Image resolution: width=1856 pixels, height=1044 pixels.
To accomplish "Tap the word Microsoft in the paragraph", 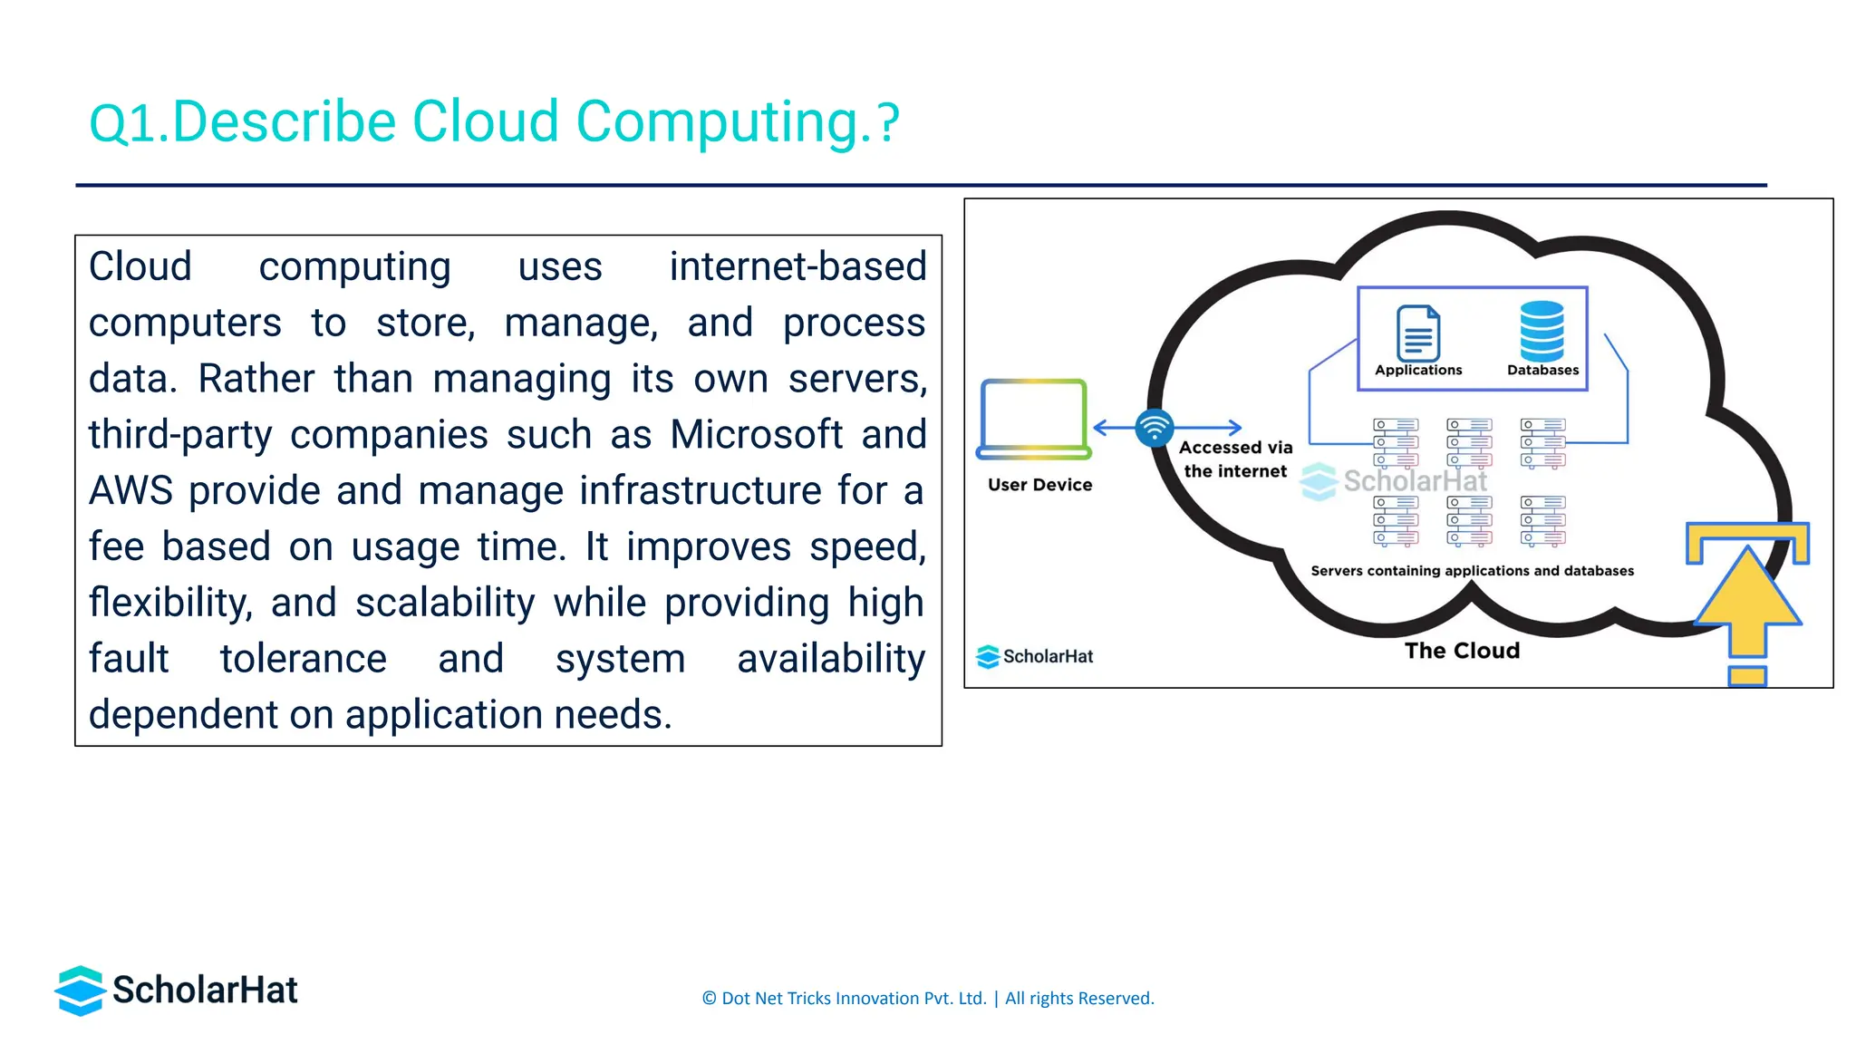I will [x=756, y=435].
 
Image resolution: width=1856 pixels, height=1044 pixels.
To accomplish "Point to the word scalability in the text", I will [x=445, y=604].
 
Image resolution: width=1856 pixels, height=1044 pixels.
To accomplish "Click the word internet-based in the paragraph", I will [x=797, y=267].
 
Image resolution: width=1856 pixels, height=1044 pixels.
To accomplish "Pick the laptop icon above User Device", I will [x=1034, y=419].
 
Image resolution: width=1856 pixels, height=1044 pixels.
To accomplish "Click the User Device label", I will [x=1039, y=485].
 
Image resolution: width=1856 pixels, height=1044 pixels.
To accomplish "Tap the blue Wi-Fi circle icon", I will [x=1155, y=428].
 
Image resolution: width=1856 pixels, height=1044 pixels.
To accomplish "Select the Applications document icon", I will [x=1418, y=333].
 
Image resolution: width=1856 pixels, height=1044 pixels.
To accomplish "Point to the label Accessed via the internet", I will [x=1235, y=459].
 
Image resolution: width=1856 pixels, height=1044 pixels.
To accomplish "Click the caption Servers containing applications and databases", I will [x=1472, y=571].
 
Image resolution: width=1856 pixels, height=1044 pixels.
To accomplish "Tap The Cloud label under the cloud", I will [x=1462, y=651].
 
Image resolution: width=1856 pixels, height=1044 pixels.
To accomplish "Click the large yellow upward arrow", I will [x=1747, y=598].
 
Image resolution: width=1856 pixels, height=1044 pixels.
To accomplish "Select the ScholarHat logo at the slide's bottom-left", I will [x=177, y=991].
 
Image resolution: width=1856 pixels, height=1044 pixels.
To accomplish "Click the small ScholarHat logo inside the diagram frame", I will [x=1035, y=656].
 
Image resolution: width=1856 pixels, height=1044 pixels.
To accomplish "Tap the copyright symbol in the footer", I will [x=709, y=999].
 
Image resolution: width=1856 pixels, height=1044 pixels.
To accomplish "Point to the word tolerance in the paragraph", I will [x=304, y=660].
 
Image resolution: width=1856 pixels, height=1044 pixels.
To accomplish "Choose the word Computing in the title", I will [x=717, y=122].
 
